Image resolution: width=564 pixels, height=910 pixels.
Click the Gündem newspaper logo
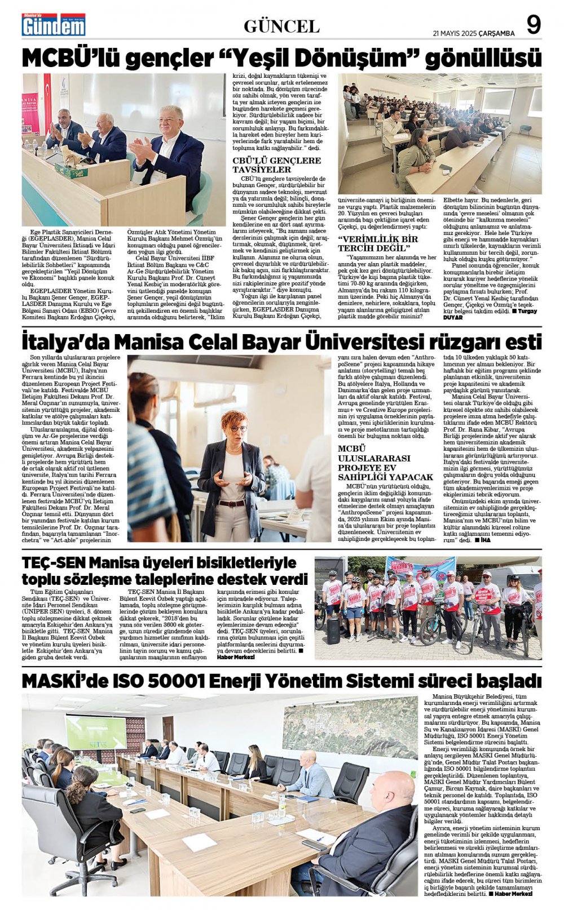(x=54, y=25)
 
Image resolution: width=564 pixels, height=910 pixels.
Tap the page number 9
(x=533, y=25)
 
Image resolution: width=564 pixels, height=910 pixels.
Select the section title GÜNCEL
(x=281, y=26)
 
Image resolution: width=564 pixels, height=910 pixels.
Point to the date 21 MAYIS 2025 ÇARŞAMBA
(x=474, y=33)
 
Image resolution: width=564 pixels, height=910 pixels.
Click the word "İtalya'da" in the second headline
(x=65, y=342)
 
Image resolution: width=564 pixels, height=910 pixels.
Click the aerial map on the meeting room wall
(x=350, y=727)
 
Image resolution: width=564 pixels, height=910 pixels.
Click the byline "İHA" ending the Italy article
(x=484, y=539)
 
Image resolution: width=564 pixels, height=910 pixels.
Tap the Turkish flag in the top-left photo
(x=47, y=96)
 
